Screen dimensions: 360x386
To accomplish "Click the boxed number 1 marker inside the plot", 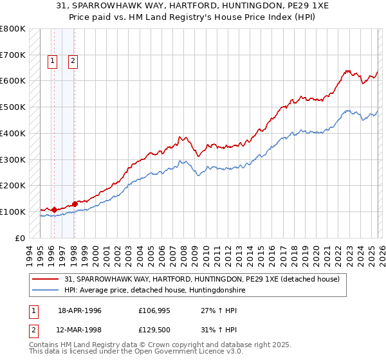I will coord(53,61).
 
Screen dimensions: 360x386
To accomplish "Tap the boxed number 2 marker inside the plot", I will coord(73,61).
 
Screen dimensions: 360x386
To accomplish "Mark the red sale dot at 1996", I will coord(54,210).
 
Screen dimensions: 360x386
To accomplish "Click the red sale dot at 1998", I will coord(75,204).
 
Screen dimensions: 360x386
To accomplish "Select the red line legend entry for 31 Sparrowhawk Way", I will coord(206,279).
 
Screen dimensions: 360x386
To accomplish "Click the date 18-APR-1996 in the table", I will coord(80,310).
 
